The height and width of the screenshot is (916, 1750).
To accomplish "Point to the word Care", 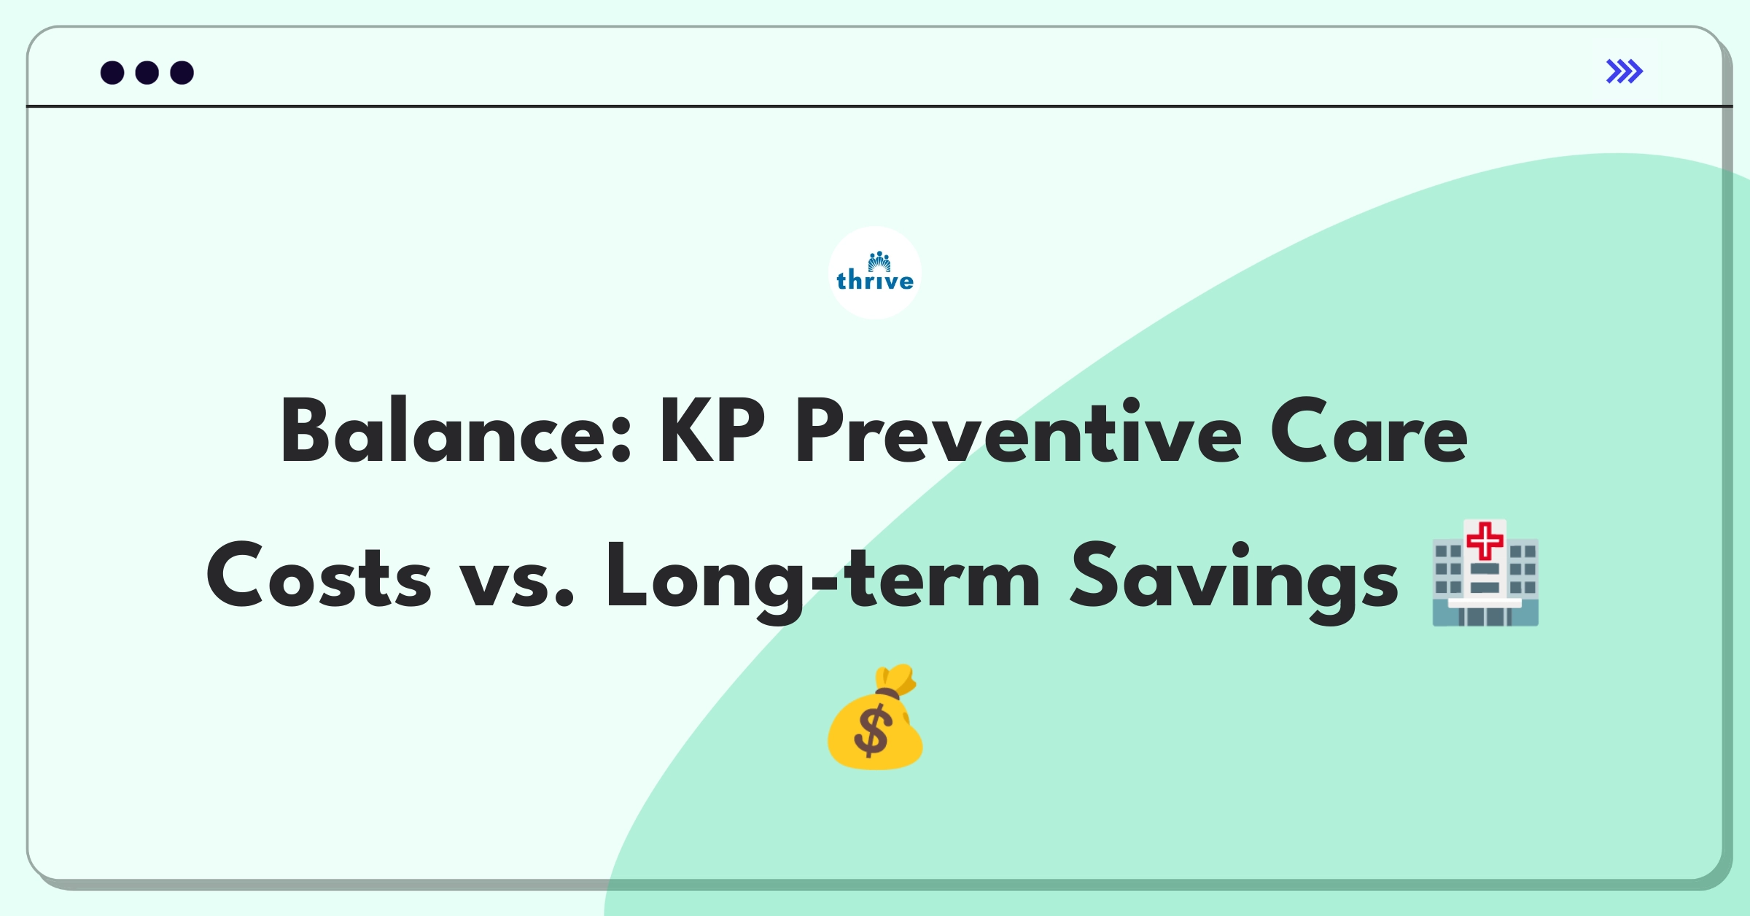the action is click(1369, 430).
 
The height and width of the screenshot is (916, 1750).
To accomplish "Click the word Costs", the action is click(319, 575).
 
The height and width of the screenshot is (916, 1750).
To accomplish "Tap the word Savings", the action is click(1234, 580).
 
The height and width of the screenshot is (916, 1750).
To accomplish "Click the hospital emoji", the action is click(1485, 573).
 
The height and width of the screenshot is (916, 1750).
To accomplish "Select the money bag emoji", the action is click(875, 717).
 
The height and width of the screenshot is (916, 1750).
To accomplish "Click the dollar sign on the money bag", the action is click(873, 731).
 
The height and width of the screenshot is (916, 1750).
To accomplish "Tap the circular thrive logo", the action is click(875, 273).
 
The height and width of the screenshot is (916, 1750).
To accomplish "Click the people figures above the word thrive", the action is click(879, 261).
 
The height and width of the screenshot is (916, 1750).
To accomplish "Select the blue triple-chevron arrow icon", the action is click(1625, 71).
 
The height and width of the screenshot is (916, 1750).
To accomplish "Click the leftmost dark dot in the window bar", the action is click(112, 73).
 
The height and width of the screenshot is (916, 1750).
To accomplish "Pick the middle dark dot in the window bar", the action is click(147, 73).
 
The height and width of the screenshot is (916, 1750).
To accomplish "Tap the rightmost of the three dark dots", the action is click(182, 73).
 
